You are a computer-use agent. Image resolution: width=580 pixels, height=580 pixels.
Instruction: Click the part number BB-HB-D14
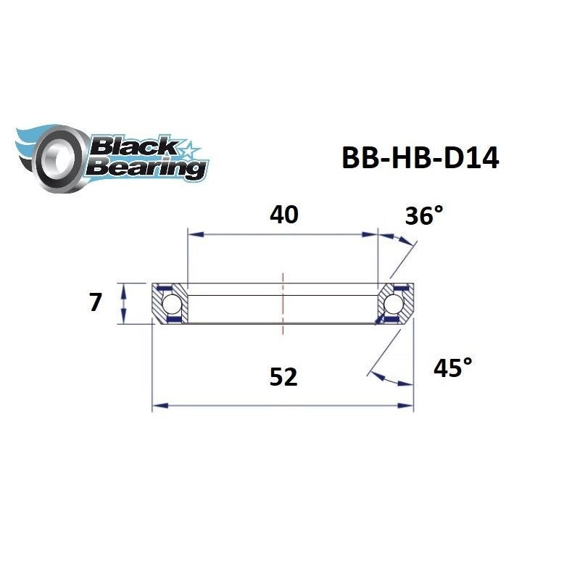pos(420,158)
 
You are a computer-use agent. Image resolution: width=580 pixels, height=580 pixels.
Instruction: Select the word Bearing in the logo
pos(144,168)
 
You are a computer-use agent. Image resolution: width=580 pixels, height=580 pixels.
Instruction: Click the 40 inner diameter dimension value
pos(284,215)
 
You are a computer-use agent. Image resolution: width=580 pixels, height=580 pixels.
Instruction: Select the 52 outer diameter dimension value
pos(283,377)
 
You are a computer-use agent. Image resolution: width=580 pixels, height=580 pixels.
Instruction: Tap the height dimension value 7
pos(95,302)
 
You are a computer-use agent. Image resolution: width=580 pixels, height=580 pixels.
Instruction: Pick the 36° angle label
pos(423,215)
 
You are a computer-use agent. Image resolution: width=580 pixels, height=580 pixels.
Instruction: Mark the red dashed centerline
pos(283,304)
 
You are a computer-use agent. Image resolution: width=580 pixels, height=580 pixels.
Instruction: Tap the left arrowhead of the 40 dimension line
pos(193,234)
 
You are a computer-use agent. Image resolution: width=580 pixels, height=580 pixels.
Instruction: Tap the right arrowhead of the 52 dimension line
pos(407,406)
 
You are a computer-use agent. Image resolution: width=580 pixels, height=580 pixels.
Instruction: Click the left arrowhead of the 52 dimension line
pos(157,406)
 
